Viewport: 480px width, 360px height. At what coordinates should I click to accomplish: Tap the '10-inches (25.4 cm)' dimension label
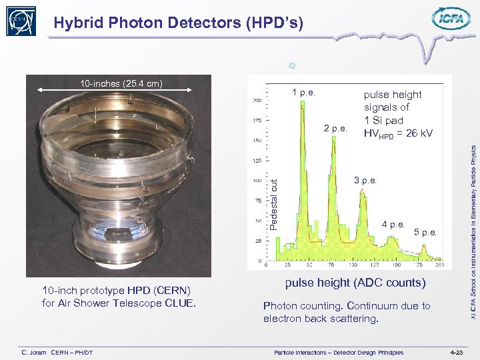pos(121,83)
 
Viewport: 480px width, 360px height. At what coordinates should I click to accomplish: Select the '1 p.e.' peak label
pos(303,93)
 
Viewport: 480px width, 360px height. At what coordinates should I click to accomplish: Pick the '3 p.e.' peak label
pos(365,181)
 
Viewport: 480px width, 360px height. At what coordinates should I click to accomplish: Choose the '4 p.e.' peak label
pos(393,225)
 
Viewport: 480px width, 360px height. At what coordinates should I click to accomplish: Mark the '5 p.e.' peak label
pos(425,233)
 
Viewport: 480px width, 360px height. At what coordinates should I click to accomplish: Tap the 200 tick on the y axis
pos(256,101)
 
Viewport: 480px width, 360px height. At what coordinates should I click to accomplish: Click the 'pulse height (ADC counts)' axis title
pos(355,283)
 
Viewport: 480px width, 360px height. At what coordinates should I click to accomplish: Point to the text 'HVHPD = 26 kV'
pos(398,134)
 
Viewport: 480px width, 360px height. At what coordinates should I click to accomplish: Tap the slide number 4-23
pos(456,351)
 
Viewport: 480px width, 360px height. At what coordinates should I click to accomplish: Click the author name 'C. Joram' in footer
pos(33,351)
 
